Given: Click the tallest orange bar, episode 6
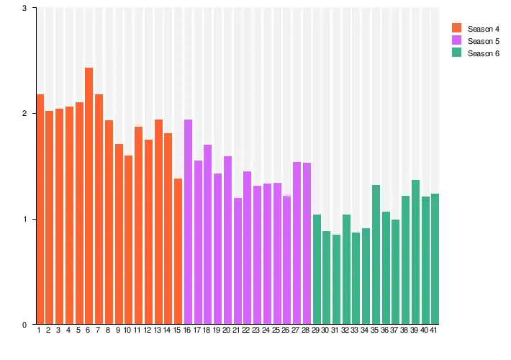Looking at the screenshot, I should pos(89,195).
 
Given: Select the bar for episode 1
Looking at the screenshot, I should pos(40,209).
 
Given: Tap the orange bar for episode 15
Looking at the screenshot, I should pos(178,251).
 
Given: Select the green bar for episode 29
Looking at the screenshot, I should pos(317,269).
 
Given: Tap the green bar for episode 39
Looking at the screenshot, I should pos(415,252).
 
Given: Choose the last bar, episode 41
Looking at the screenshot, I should pos(435,258).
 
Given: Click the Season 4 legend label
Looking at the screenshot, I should pos(483,29).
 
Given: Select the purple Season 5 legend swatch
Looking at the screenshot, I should pos(456,41).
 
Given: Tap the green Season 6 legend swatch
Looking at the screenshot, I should pos(456,53).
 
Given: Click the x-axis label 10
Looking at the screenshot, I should pos(127,330).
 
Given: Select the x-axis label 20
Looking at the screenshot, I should pos(227,330).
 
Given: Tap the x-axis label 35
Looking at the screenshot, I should pos(375,330).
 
